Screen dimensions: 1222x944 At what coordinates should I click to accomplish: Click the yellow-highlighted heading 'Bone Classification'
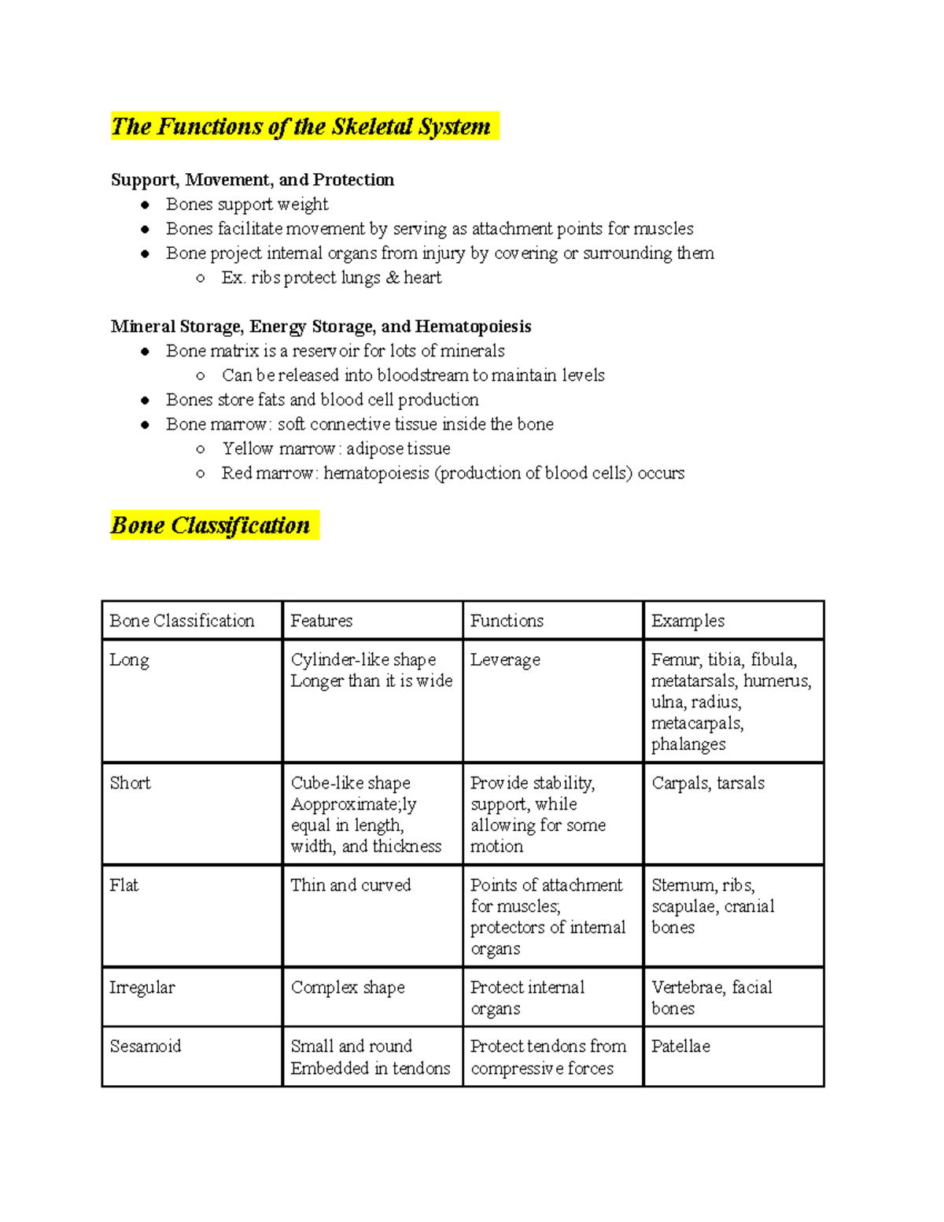210,526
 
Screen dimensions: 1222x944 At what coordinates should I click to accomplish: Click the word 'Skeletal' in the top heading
371,127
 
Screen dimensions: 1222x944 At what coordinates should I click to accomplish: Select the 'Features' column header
321,621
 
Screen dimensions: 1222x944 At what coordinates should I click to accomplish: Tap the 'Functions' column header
507,621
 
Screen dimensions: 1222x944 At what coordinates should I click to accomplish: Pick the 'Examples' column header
688,621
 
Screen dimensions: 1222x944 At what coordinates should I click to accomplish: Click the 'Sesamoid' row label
146,1047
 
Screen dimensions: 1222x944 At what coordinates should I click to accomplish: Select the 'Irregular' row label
142,988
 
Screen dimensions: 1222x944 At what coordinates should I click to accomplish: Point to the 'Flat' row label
124,885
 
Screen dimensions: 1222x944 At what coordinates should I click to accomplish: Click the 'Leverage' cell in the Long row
505,660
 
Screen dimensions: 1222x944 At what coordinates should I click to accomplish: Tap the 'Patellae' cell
680,1047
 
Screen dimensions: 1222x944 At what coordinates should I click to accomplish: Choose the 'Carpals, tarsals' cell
708,783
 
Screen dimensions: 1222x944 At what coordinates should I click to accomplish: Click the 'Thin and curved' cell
351,885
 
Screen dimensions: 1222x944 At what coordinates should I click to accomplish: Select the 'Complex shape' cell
348,988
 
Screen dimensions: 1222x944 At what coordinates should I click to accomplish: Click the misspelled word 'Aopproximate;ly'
353,804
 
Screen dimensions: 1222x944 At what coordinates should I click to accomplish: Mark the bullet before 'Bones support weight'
145,205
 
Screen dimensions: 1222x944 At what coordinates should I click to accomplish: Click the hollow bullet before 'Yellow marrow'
201,449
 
